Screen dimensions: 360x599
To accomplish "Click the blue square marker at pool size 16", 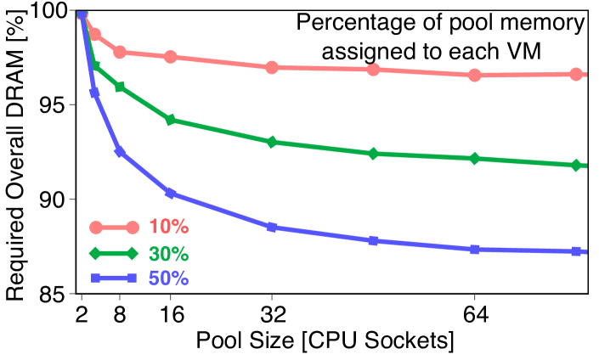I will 170,194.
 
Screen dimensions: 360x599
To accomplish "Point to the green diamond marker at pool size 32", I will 272,142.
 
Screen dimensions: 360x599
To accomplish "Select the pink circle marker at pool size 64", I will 474,75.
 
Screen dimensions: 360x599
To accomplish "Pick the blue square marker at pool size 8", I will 120,152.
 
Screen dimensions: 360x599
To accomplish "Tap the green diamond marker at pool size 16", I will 170,120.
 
